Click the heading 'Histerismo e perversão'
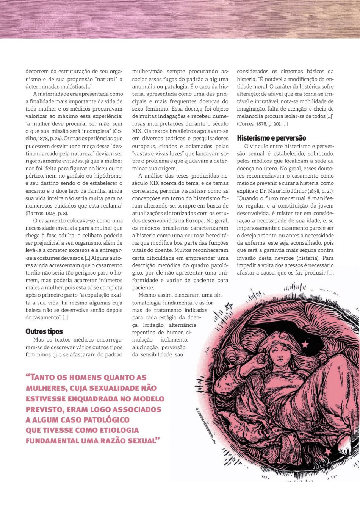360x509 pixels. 271,138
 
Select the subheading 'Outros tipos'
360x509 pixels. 44,331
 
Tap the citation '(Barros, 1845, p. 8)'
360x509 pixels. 47,213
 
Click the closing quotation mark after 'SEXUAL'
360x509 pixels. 158,439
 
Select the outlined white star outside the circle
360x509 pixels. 229,306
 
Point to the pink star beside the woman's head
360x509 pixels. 305,344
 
